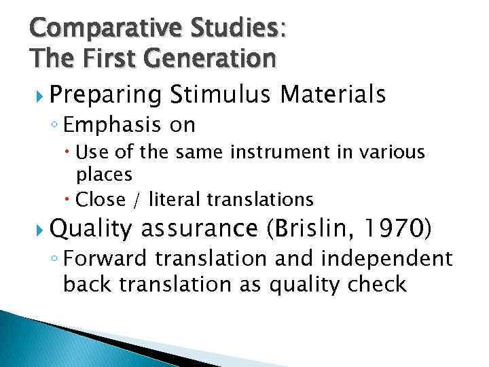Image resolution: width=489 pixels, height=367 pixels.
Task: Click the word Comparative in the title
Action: pos(94,30)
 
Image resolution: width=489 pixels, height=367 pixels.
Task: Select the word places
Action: pos(104,175)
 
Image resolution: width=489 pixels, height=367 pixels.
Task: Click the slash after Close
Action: pos(138,199)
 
